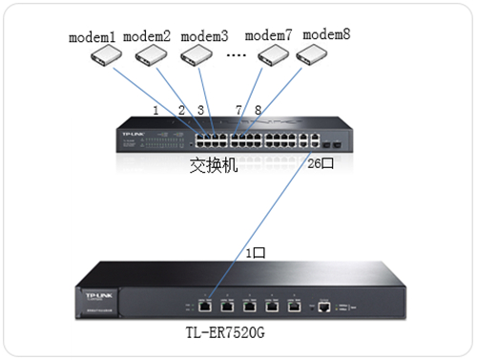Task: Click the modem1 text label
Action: tap(93, 38)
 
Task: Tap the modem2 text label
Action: tap(147, 37)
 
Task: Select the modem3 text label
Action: tap(204, 37)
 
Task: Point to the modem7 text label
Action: tap(268, 35)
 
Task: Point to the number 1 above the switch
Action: tap(156, 111)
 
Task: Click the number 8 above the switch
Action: tap(258, 111)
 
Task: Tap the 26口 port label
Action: tap(320, 165)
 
